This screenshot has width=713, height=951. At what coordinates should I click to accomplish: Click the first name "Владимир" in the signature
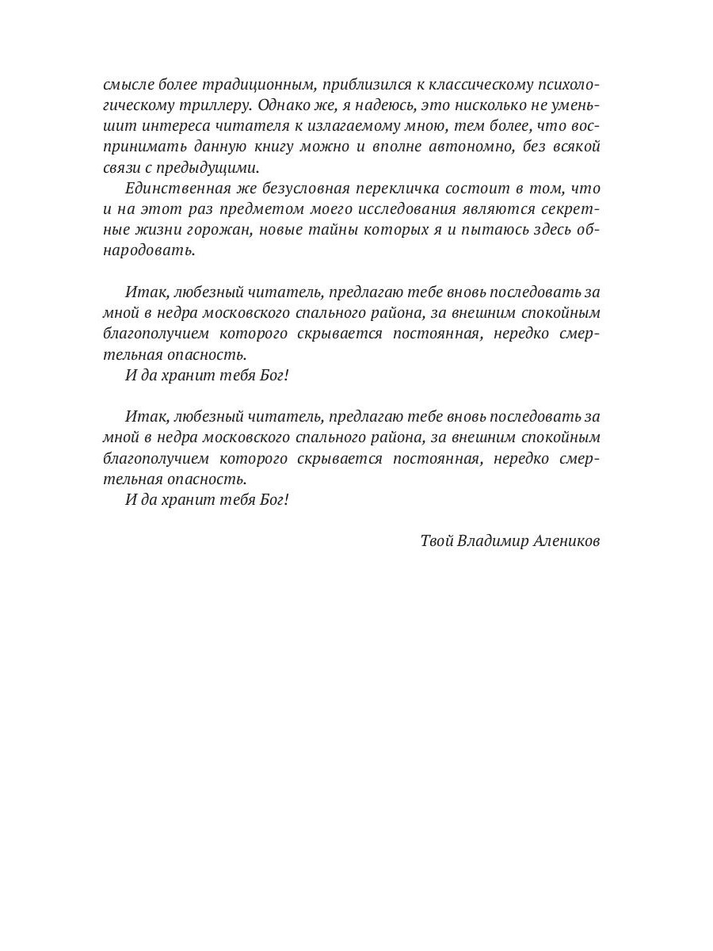coord(492,541)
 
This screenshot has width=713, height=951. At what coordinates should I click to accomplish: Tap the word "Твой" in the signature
coord(437,541)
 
